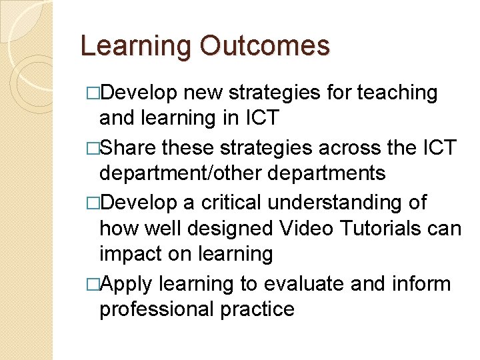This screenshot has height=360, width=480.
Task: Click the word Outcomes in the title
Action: [x=263, y=46]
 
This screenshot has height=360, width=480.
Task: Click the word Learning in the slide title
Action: [x=135, y=46]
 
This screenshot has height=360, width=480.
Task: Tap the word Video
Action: [x=308, y=229]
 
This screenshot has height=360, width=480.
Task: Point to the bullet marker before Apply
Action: [x=94, y=285]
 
